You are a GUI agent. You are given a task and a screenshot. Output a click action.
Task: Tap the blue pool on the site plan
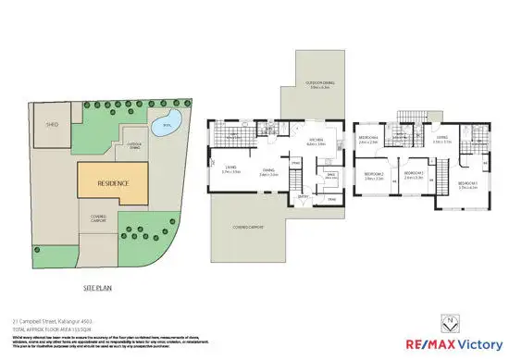pyautogui.click(x=164, y=127)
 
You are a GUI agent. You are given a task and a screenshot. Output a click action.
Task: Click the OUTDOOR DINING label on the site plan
pyautogui.click(x=135, y=144)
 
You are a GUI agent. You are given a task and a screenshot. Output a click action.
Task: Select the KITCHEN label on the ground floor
pyautogui.click(x=317, y=142)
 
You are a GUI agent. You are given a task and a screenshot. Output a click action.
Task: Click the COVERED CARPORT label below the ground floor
pyautogui.click(x=247, y=228)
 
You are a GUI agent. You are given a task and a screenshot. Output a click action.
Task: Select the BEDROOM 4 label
pyautogui.click(x=367, y=140)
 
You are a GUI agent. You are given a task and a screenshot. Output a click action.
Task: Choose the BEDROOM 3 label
pyautogui.click(x=414, y=174)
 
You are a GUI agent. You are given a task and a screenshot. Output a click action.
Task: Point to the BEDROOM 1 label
pyautogui.click(x=468, y=184)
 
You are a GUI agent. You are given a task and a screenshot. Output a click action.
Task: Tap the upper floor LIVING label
pyautogui.click(x=441, y=140)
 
